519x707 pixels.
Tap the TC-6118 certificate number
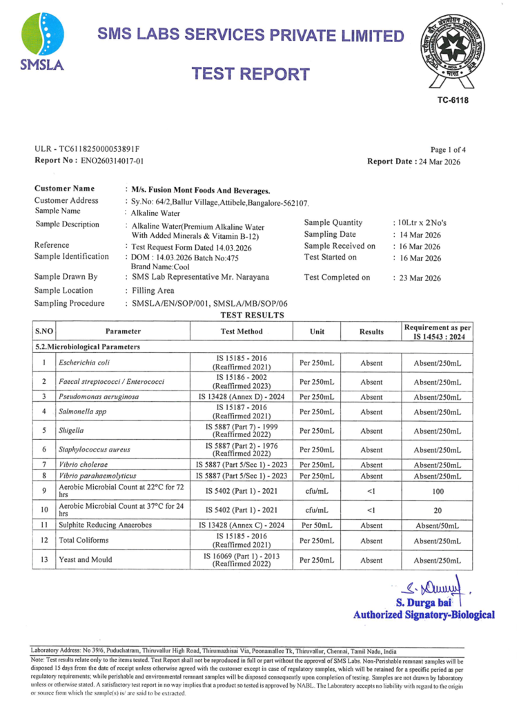(x=452, y=101)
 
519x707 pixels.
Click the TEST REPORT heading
(x=250, y=74)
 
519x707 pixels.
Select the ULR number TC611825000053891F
(x=87, y=149)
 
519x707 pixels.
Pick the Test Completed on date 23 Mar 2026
(x=416, y=278)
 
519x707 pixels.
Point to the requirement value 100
(x=438, y=492)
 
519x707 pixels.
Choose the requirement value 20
(x=438, y=510)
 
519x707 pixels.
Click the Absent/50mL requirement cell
(x=438, y=525)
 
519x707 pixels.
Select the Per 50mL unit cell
(x=317, y=525)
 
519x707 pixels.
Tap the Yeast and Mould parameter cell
(x=88, y=559)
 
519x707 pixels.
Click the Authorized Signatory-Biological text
(x=424, y=614)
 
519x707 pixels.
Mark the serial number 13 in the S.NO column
(x=43, y=559)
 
